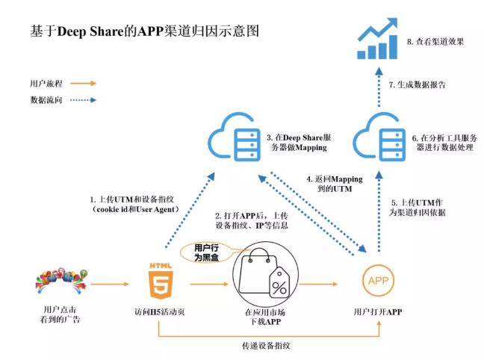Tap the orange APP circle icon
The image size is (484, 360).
pos(377,282)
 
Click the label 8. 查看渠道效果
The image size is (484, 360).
pos(435,42)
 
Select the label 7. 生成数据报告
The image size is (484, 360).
pos(418,84)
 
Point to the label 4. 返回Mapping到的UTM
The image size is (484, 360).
pos(331,185)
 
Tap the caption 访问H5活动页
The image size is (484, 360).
pos(161,312)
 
